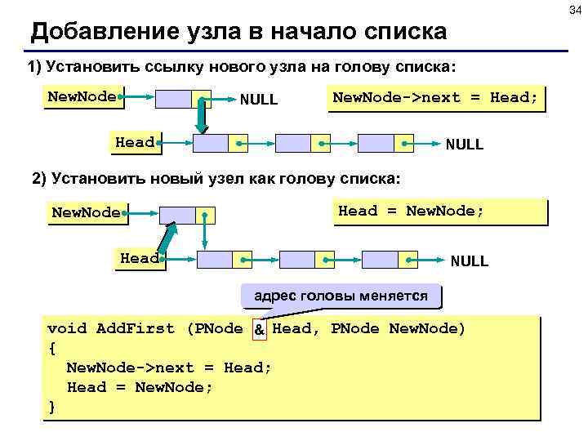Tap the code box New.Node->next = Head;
click(x=434, y=98)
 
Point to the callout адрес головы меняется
click(x=341, y=296)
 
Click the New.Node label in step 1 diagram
click(x=82, y=96)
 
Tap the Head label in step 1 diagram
click(x=135, y=142)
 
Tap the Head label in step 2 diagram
click(x=140, y=258)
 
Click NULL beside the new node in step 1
click(x=258, y=100)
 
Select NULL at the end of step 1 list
click(x=464, y=145)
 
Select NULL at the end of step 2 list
click(x=469, y=261)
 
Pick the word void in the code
click(x=67, y=329)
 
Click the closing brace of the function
click(x=52, y=407)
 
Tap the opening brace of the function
click(x=52, y=349)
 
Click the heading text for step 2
click(x=217, y=179)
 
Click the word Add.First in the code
click(x=135, y=329)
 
